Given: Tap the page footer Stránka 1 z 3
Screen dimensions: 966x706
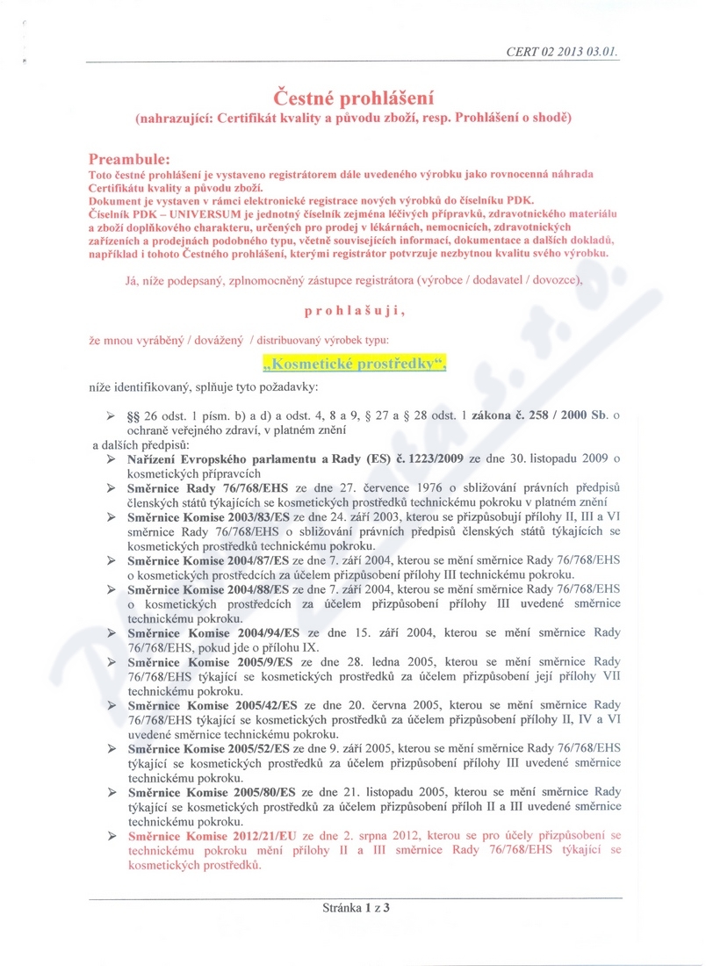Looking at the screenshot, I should [356, 909].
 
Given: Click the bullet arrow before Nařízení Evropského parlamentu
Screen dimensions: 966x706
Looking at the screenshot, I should [112, 459].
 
